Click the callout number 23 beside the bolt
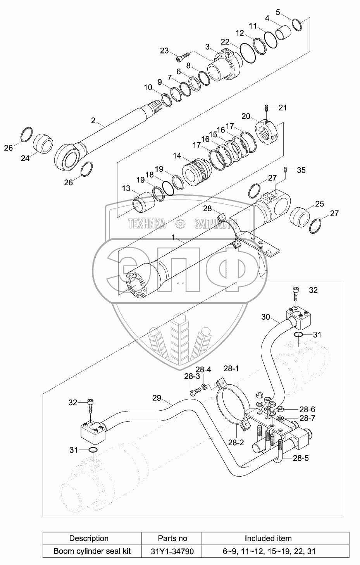(x=164, y=50)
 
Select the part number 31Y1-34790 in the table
(x=173, y=551)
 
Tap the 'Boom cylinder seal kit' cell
(x=92, y=551)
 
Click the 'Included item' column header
(x=268, y=538)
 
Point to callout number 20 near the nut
(x=246, y=116)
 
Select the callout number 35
(x=301, y=170)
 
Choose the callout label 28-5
(x=301, y=458)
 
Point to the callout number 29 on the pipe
(x=156, y=398)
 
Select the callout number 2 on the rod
(x=93, y=120)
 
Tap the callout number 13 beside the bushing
(x=126, y=188)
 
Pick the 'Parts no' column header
(x=173, y=538)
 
